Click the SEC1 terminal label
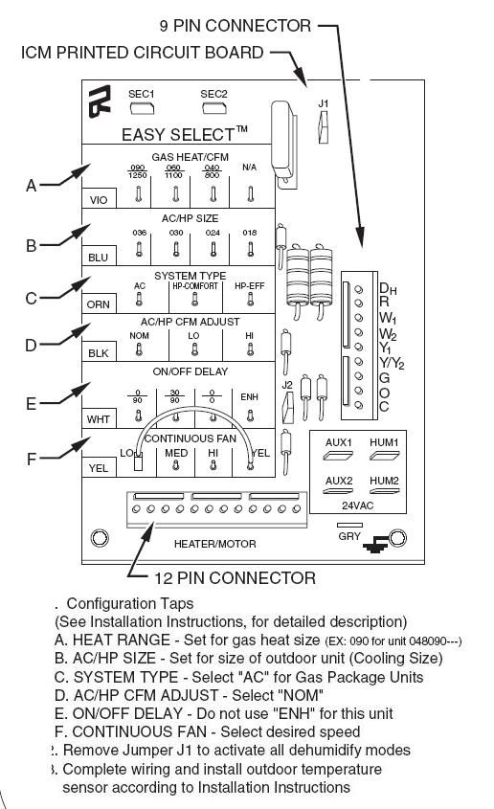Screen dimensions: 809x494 [141, 94]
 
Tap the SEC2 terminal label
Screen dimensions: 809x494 [213, 94]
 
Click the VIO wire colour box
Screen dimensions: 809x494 [98, 200]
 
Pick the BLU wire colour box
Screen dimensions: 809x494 [98, 257]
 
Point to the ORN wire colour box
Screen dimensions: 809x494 [98, 303]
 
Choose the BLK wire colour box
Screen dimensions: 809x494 [98, 352]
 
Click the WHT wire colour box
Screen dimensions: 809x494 [98, 418]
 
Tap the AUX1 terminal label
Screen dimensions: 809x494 [339, 442]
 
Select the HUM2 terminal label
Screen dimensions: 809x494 [384, 480]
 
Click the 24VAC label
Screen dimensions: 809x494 [361, 505]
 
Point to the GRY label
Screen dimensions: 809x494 [349, 536]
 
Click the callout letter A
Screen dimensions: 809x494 [31, 187]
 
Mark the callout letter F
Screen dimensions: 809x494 [31, 459]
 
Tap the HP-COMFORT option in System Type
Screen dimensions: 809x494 [195, 286]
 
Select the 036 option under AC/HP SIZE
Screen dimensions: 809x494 [138, 232]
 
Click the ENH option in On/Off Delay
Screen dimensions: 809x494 [250, 396]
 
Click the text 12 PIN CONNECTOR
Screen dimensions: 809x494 [235, 577]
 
